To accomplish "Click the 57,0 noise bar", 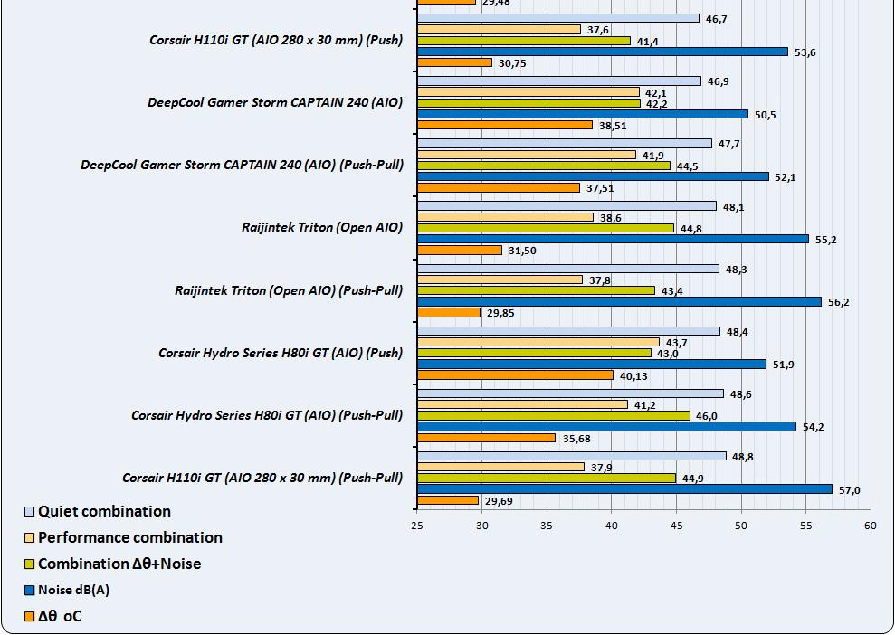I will (624, 489).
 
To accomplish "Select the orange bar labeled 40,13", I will (515, 375).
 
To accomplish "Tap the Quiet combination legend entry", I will (104, 511).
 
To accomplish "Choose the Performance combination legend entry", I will (129, 537).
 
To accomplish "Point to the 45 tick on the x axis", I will (675, 525).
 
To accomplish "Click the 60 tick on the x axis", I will (870, 525).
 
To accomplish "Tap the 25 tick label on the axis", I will (417, 525).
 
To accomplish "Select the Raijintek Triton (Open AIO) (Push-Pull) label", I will (289, 290).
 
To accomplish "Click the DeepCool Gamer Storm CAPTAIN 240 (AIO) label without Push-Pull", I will (275, 102).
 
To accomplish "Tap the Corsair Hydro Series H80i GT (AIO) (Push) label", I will (281, 353).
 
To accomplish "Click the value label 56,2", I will (839, 302).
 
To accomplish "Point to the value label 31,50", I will (522, 251).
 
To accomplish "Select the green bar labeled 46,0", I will (553, 416).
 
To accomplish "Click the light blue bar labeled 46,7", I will (557, 18).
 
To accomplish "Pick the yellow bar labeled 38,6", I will (505, 217).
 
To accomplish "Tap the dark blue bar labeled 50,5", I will (582, 114).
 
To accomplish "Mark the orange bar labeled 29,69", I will (448, 500).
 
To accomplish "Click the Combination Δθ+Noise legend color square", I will (30, 564).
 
